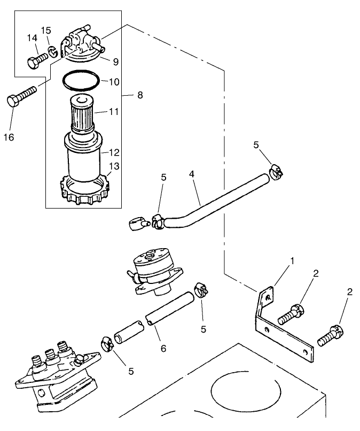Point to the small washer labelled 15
[x=52, y=51]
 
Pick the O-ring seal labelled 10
[x=81, y=82]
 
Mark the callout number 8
[x=140, y=95]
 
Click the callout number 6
[x=163, y=348]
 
